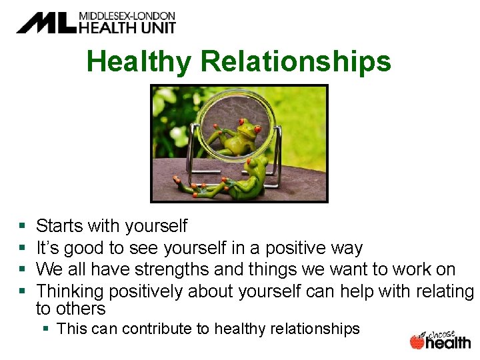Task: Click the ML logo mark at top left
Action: tap(45, 22)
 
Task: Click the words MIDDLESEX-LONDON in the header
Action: tap(127, 15)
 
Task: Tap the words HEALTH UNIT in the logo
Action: tap(127, 27)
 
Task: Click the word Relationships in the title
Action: tap(295, 62)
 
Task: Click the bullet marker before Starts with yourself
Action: tap(23, 227)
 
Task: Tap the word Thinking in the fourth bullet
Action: tap(70, 291)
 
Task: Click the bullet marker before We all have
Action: tap(23, 270)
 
